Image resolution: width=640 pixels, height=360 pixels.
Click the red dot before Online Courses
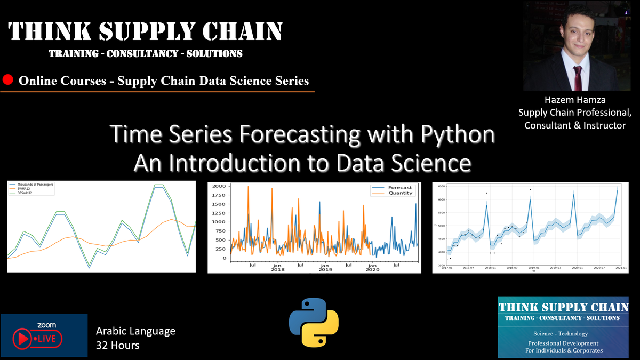[x=8, y=81]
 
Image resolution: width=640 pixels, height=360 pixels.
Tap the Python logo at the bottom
[x=314, y=323]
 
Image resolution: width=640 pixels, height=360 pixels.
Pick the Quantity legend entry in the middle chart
[x=399, y=194]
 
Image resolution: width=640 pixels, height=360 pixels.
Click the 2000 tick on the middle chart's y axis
[x=219, y=186]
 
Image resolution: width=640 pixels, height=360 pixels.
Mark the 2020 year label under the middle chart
[x=372, y=270]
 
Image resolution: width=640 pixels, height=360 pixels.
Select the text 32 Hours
[x=117, y=345]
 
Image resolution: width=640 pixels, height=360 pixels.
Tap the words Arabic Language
[x=135, y=331]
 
